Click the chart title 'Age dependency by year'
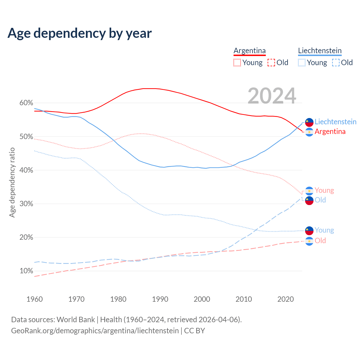click(80, 33)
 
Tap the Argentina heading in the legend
click(250, 51)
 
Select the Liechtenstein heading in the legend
click(320, 51)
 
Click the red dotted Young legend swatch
click(237, 63)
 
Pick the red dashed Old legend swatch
click(271, 63)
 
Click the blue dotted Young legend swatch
click(302, 63)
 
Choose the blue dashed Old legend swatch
click(336, 63)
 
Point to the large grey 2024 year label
click(272, 96)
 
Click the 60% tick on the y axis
click(26, 103)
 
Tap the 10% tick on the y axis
click(26, 271)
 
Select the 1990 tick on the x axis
click(160, 299)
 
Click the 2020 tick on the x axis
click(286, 299)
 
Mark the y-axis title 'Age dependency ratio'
click(12, 182)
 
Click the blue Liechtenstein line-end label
click(336, 122)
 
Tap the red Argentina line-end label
click(330, 132)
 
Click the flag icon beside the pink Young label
click(309, 191)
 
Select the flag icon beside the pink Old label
click(309, 241)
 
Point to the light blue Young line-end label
click(324, 230)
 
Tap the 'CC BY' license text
click(195, 331)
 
